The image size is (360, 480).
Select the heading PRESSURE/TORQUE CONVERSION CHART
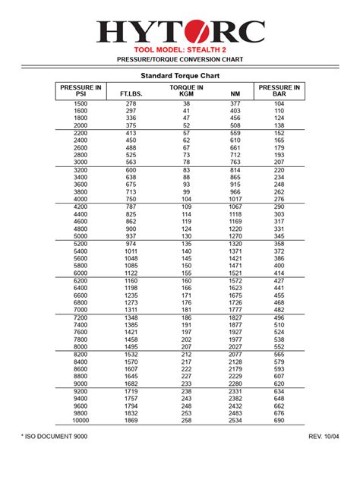coord(180,58)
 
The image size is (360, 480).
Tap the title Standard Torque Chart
coord(179,76)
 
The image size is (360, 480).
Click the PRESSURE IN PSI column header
coord(81,91)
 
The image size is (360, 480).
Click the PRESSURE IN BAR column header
coord(279,91)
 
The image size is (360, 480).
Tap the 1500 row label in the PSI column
coord(81,103)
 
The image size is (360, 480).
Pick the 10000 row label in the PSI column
coord(81,420)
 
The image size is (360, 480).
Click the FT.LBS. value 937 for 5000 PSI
coord(131,236)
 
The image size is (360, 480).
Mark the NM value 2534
coord(235,420)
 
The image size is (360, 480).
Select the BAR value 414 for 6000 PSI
coord(279,273)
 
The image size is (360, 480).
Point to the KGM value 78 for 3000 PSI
coord(186,162)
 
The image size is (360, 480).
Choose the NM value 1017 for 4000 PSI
coord(235,199)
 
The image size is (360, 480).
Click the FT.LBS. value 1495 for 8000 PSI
coord(131,346)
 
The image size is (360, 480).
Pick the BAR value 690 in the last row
coord(279,420)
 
